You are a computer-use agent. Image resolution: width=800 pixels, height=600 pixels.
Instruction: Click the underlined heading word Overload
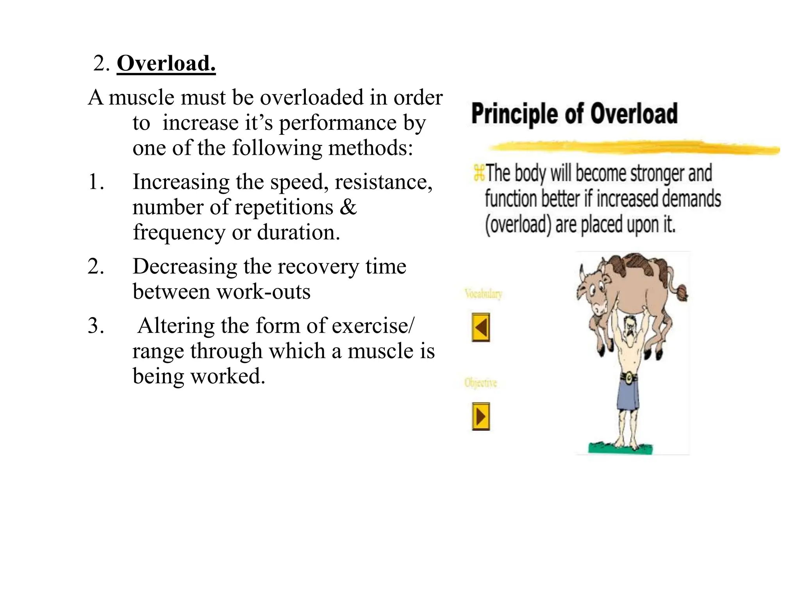pyautogui.click(x=166, y=63)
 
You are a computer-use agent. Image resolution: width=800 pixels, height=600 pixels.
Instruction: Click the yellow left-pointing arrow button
pyautogui.click(x=480, y=327)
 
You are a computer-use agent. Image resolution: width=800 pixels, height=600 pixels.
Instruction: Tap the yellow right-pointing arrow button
pyautogui.click(x=480, y=416)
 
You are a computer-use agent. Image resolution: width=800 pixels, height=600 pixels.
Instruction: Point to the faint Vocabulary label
pyautogui.click(x=483, y=293)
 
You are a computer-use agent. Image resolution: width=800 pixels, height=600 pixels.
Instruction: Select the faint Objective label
pyautogui.click(x=480, y=382)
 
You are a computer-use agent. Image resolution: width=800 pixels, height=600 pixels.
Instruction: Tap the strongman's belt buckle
pyautogui.click(x=629, y=377)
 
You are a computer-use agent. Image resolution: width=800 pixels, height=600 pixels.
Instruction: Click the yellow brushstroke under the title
pyautogui.click(x=633, y=148)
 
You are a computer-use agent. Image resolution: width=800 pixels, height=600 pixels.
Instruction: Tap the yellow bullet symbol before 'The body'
pyautogui.click(x=479, y=173)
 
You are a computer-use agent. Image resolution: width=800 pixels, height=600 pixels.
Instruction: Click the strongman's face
pyautogui.click(x=630, y=324)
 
